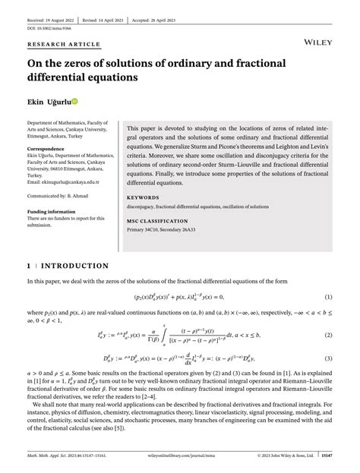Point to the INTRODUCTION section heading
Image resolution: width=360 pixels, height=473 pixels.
point(73,266)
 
